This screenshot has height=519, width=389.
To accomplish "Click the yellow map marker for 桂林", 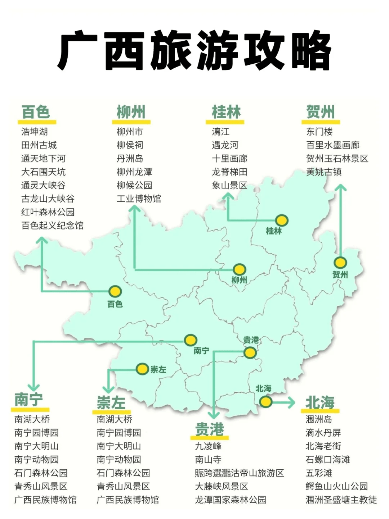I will click(x=282, y=220).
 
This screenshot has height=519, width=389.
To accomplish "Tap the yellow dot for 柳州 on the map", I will click(x=239, y=269).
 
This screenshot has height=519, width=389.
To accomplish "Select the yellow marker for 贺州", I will click(x=340, y=263).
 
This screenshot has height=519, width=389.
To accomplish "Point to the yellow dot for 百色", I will click(x=115, y=291).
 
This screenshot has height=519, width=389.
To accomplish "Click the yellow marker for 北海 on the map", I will click(x=265, y=402).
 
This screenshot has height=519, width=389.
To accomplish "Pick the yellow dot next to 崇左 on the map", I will click(x=142, y=369).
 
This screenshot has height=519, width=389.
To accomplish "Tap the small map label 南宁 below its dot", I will click(x=201, y=351).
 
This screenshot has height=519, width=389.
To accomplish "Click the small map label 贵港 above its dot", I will click(x=251, y=340).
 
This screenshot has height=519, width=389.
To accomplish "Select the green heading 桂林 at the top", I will click(x=226, y=112).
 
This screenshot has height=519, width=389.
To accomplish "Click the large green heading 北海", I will click(x=320, y=402).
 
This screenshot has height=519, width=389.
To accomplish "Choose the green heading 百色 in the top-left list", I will click(x=36, y=112).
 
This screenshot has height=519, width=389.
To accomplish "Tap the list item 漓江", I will click(x=220, y=132).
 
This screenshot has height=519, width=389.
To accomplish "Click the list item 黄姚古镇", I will click(x=324, y=172).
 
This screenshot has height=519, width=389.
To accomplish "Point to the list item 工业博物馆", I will click(x=139, y=199).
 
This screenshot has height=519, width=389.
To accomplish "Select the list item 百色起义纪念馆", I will click(x=52, y=226).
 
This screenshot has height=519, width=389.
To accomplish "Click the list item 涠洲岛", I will click(x=319, y=419).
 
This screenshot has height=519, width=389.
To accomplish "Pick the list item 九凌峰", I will click(x=208, y=446).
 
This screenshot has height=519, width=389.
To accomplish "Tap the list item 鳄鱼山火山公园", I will click(x=336, y=486).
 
